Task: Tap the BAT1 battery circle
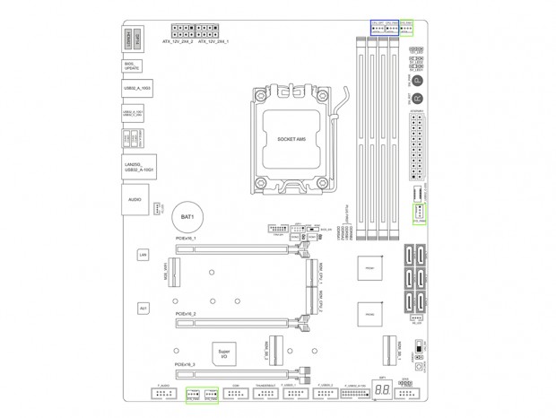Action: (x=187, y=217)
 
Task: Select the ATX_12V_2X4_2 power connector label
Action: (x=176, y=41)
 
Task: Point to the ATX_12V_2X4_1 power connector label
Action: (x=213, y=41)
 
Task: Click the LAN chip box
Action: (x=142, y=256)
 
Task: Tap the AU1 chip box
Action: (x=142, y=308)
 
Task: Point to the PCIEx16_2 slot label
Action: (x=186, y=313)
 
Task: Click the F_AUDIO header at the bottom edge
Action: (x=162, y=395)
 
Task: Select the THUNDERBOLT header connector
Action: (x=265, y=395)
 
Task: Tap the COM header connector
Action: (x=237, y=395)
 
